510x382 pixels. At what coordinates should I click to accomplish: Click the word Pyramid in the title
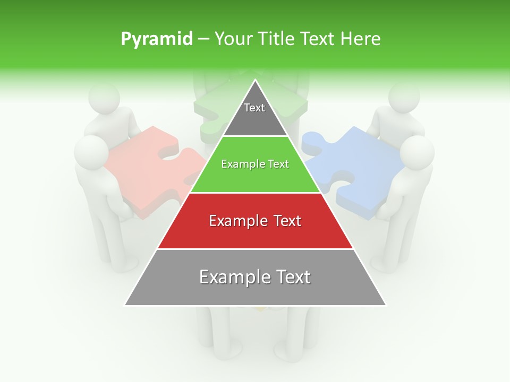tap(156, 39)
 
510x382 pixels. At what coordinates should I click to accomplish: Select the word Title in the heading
tap(277, 39)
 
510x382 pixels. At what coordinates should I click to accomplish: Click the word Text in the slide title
tap(318, 39)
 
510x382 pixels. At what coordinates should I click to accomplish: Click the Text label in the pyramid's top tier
tap(254, 108)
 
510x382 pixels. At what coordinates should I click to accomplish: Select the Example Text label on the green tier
tap(255, 164)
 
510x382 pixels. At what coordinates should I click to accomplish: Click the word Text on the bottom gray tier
tap(290, 277)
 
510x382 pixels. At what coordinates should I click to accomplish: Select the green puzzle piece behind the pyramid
tap(212, 106)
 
